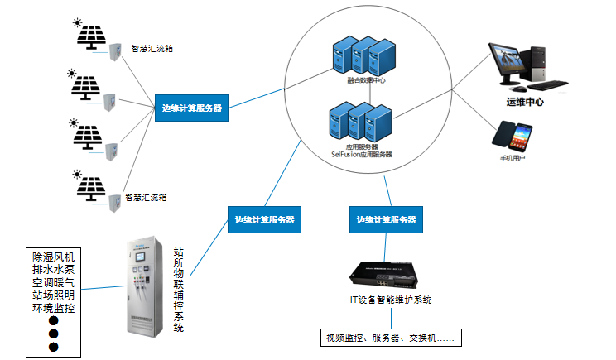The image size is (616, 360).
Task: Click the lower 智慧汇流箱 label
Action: point(146,198)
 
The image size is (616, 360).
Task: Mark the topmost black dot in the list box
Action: point(54,320)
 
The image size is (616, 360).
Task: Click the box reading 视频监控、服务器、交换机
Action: point(391,337)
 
